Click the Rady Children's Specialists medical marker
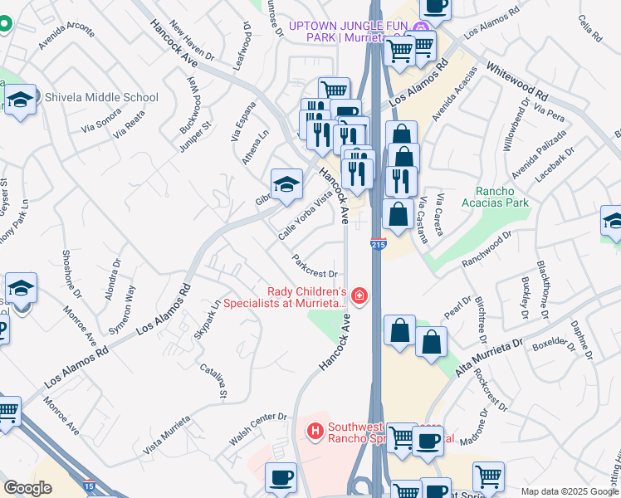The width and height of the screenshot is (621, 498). point(359,295)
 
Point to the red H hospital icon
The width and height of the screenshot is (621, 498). point(315,431)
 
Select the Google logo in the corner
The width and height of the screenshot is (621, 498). point(27,488)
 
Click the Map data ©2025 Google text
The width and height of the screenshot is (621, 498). point(570,491)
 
